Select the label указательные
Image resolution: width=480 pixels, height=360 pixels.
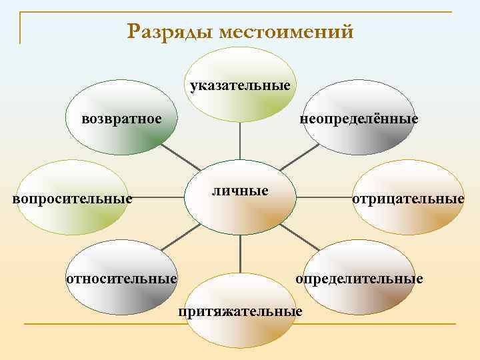pyautogui.click(x=240, y=86)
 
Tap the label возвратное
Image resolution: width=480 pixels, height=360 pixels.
pyautogui.click(x=121, y=119)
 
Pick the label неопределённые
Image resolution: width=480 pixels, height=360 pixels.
pyautogui.click(x=359, y=119)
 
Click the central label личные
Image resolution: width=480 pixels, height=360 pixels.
pyautogui.click(x=240, y=191)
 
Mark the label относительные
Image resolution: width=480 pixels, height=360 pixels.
pyautogui.click(x=121, y=277)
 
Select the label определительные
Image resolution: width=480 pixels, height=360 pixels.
pyautogui.click(x=359, y=277)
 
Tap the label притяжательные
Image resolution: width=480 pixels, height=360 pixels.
pyautogui.click(x=240, y=311)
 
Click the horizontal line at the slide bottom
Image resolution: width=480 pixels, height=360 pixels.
pyautogui.click(x=240, y=325)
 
